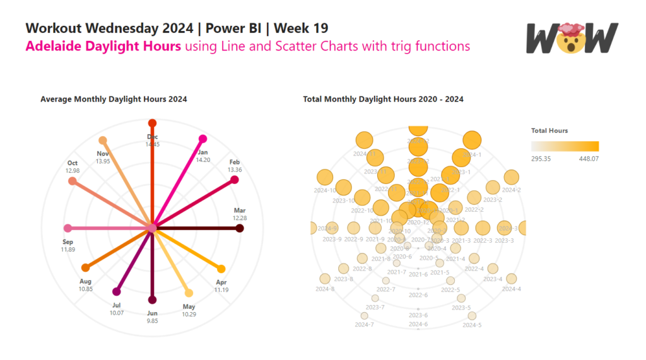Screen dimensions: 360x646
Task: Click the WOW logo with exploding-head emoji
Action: click(572, 39)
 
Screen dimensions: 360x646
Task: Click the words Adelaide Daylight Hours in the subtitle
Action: click(103, 46)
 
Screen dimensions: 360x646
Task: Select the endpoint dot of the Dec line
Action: click(152, 122)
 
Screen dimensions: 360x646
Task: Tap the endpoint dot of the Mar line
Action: click(239, 228)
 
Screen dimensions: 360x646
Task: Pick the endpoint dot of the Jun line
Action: click(152, 300)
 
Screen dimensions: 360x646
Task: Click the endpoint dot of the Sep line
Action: click(68, 228)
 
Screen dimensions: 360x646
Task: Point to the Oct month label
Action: click(73, 163)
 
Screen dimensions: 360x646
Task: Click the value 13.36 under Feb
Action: click(235, 170)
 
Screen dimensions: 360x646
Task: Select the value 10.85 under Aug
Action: click(86, 289)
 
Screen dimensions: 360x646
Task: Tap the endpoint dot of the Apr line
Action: click(221, 268)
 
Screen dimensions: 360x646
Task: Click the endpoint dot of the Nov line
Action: click(103, 140)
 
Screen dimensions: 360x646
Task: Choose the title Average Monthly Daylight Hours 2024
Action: click(114, 99)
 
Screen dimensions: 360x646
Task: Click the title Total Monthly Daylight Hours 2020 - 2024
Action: click(384, 99)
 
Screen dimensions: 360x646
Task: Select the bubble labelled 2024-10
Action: click(324, 178)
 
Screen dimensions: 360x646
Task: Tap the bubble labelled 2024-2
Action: click(511, 178)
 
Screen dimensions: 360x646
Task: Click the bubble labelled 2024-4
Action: click(511, 279)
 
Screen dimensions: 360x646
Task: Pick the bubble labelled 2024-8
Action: click(325, 279)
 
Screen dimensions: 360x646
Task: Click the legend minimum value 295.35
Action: click(541, 159)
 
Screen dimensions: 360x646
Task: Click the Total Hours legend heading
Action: click(549, 131)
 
